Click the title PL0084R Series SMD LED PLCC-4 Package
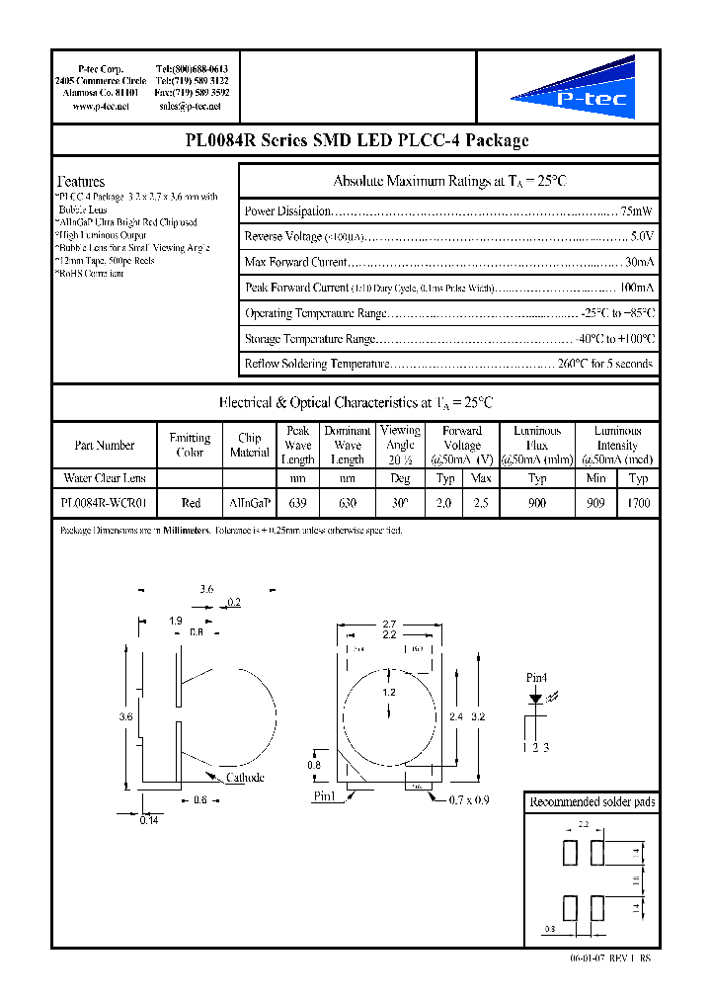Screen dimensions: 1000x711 [x=356, y=140]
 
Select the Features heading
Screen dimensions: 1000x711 [x=81, y=182]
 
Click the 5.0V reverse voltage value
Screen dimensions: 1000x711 [x=641, y=237]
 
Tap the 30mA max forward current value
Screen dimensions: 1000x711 [x=639, y=263]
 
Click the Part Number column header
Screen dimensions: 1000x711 [x=105, y=446]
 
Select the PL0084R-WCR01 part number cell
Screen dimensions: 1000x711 [x=105, y=503]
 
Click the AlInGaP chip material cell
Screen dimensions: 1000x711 [x=249, y=503]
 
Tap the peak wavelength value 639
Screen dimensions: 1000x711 [x=297, y=503]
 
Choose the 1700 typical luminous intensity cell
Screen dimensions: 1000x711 [x=638, y=503]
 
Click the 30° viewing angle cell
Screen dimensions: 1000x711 [x=400, y=503]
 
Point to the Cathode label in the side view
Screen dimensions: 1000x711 [x=245, y=778]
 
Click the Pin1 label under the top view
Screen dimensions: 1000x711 [x=325, y=795]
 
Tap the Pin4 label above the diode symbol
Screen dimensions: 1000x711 [x=536, y=679]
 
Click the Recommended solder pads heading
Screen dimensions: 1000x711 [x=592, y=802]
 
